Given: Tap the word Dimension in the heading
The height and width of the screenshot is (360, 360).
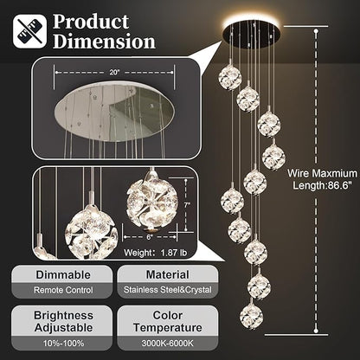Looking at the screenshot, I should pyautogui.click(x=104, y=41).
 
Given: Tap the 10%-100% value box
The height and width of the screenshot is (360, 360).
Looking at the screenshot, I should pyautogui.click(x=60, y=344).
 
